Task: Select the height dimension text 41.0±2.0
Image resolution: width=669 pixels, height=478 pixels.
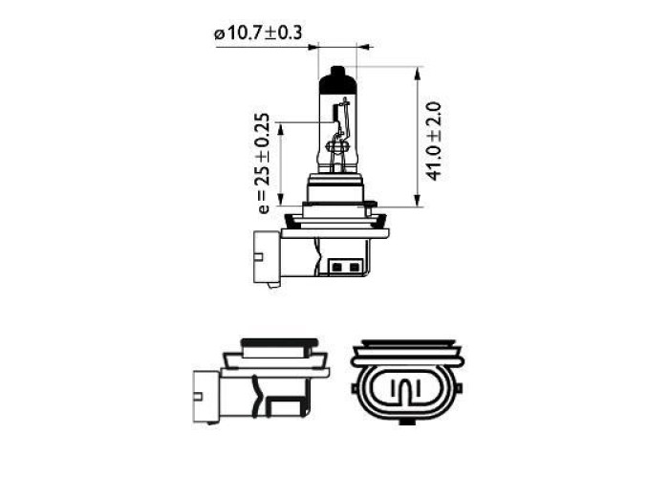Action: click(434, 141)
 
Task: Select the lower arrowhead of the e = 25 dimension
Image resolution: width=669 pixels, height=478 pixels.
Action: click(280, 199)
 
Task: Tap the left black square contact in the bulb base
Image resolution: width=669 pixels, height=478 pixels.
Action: click(336, 268)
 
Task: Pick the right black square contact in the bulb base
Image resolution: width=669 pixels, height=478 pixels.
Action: click(354, 268)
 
